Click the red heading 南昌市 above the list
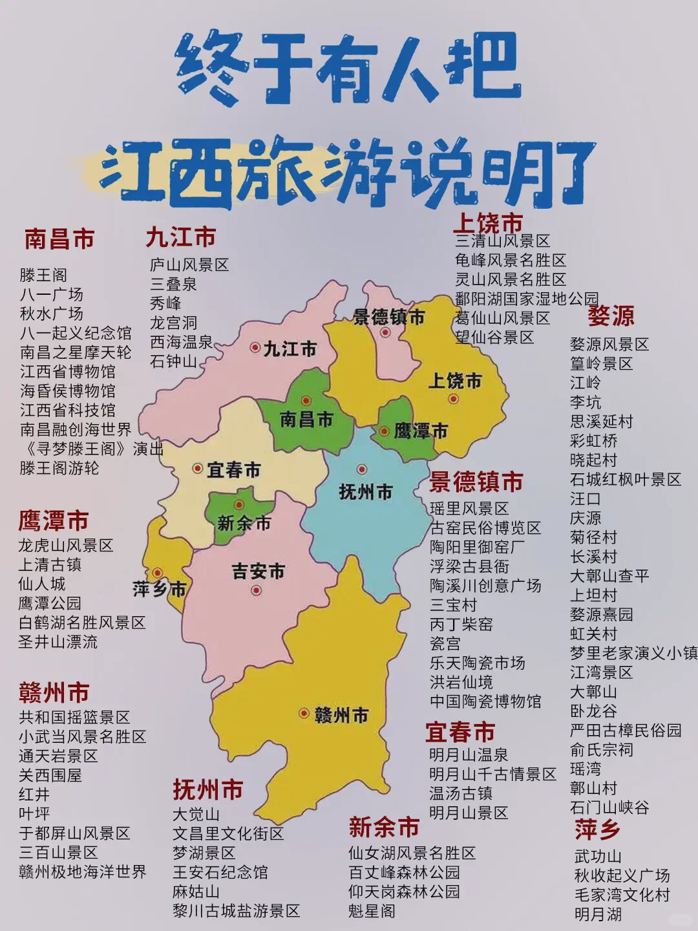[x=59, y=239]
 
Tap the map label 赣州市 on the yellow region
[x=341, y=715]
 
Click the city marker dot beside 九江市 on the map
[x=255, y=347]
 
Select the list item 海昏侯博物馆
[x=67, y=391]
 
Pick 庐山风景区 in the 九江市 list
[x=189, y=264]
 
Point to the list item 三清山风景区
[x=502, y=241]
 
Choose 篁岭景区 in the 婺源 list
[x=601, y=363]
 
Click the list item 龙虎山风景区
[x=65, y=545]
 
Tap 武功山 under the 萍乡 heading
[x=598, y=857]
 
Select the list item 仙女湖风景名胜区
[x=412, y=853]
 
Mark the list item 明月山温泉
[x=469, y=754]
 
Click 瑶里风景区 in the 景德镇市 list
[x=469, y=508]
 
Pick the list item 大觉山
[x=196, y=814]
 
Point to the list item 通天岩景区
[x=58, y=756]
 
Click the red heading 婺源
[x=611, y=316]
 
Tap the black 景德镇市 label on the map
[x=388, y=317]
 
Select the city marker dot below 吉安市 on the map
[x=257, y=590]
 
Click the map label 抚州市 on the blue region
[x=365, y=492]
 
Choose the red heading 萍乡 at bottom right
[x=597, y=829]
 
